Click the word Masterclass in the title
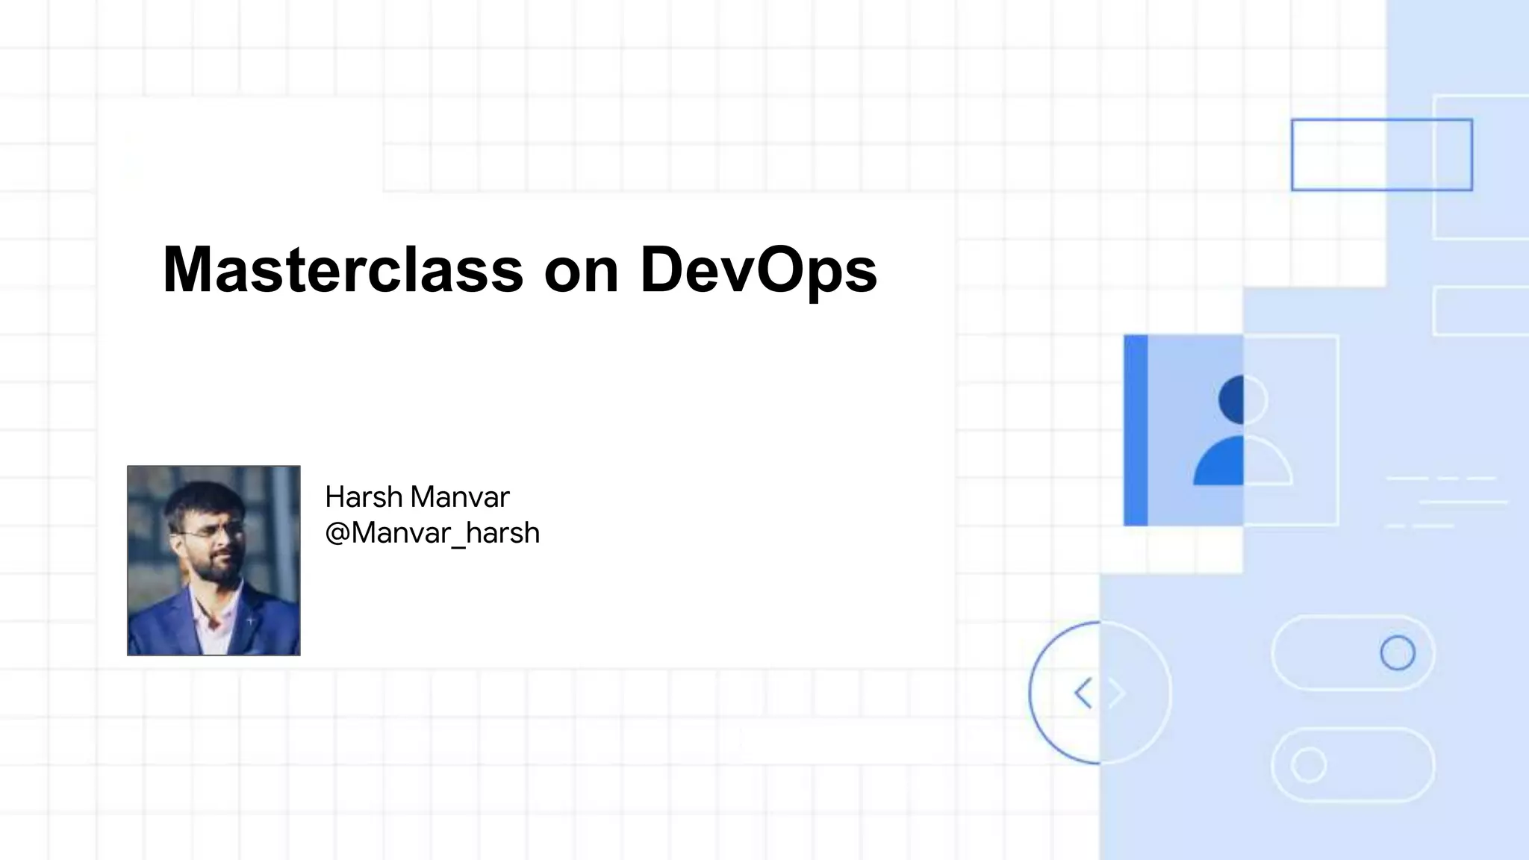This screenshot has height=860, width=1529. [x=343, y=269]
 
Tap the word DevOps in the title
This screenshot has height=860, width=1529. [x=758, y=269]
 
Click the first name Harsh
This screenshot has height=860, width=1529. [x=364, y=496]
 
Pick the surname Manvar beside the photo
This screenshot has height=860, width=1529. [x=460, y=496]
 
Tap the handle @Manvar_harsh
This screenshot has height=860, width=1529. [x=432, y=533]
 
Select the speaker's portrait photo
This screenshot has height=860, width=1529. [x=214, y=561]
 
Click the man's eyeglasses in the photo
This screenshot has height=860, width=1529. [x=211, y=532]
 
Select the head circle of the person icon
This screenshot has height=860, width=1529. [x=1242, y=399]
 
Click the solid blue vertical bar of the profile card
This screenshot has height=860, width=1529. [x=1136, y=430]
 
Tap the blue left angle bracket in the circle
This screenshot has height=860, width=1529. [x=1083, y=693]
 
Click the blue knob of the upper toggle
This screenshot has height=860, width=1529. [x=1397, y=653]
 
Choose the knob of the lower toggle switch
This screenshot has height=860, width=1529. [x=1308, y=765]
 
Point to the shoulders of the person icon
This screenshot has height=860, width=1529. [x=1242, y=463]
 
